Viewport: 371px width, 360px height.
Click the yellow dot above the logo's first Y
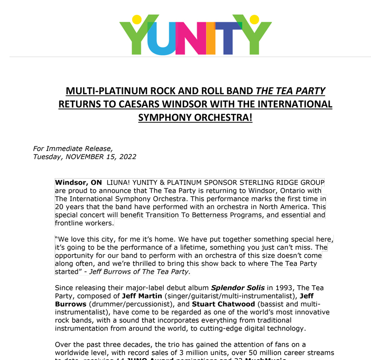[136, 19]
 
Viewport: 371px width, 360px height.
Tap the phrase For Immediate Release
[73, 149]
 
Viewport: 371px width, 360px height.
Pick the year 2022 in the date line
[128, 157]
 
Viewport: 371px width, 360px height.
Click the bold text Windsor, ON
[78, 182]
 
